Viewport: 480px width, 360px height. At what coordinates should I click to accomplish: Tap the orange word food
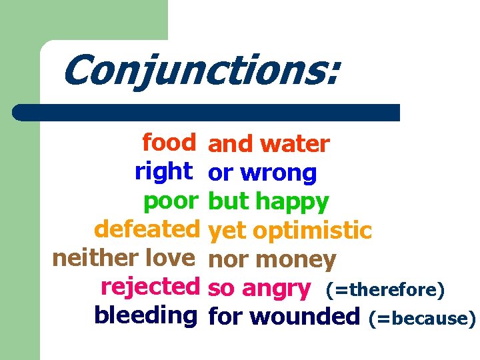point(169,142)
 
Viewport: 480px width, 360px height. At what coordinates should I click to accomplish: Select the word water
point(295,144)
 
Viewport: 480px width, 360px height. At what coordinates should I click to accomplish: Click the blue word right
point(163,171)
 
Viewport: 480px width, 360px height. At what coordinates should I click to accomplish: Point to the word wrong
point(278,173)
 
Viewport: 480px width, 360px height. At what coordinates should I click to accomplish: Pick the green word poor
point(171,200)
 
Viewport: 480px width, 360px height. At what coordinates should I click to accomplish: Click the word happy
point(293,201)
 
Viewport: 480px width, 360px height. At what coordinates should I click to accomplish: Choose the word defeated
point(147,229)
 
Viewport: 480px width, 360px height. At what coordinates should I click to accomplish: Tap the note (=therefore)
point(384,290)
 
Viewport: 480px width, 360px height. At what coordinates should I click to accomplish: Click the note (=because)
point(421,318)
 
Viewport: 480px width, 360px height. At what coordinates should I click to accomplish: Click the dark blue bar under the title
point(207,112)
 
